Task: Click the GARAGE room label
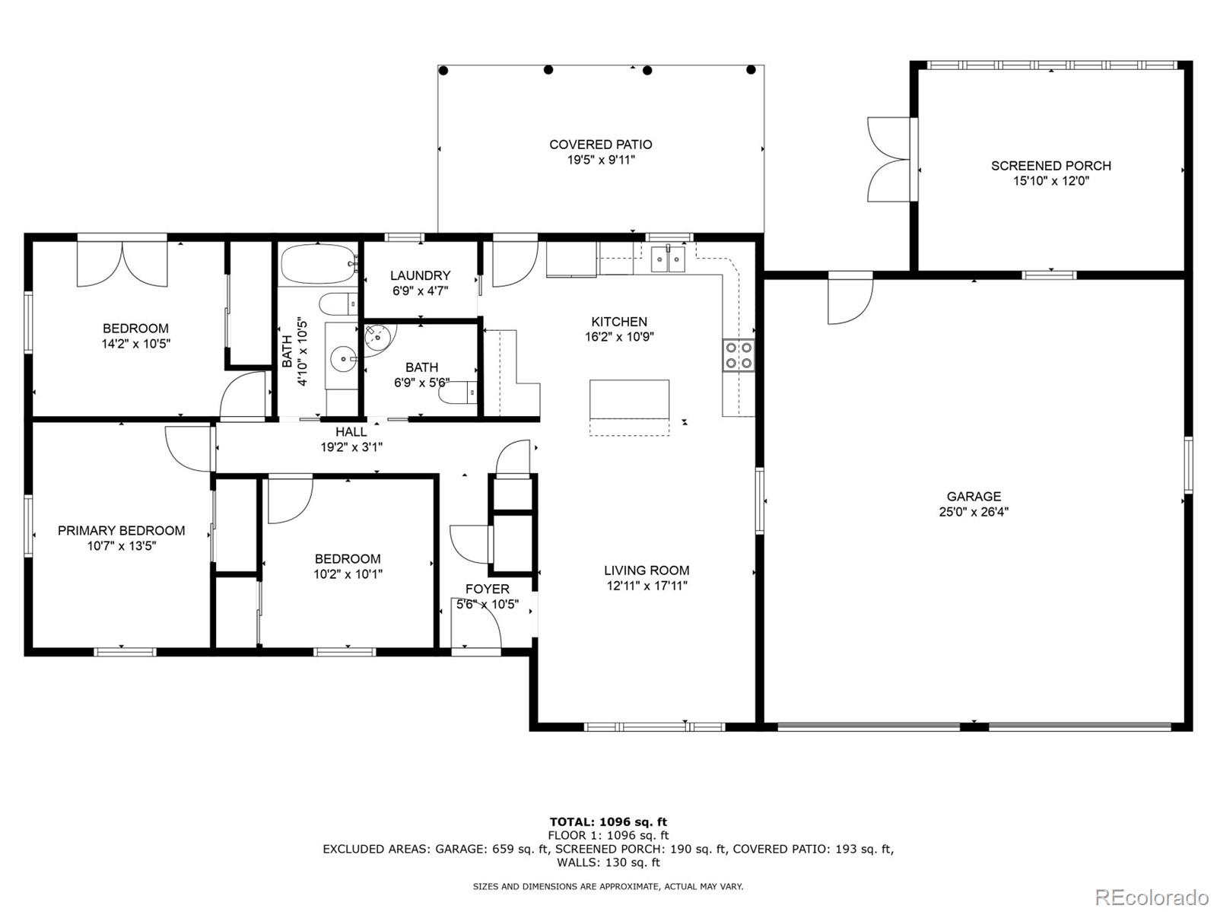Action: [974, 497]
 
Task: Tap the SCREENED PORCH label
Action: [1050, 166]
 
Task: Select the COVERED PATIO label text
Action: [600, 145]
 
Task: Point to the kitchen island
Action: [630, 399]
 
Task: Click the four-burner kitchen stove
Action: [738, 355]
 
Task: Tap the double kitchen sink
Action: [668, 259]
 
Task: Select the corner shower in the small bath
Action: [378, 338]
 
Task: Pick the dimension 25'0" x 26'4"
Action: [974, 512]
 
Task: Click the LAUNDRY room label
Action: [420, 275]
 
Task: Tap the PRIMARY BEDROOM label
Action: [121, 530]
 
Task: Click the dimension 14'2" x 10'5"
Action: [135, 344]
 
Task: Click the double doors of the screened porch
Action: [888, 160]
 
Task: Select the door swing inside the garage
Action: [850, 301]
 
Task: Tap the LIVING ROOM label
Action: [647, 570]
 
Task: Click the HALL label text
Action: [351, 432]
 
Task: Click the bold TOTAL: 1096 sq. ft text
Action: [608, 821]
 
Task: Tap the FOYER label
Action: [488, 589]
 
